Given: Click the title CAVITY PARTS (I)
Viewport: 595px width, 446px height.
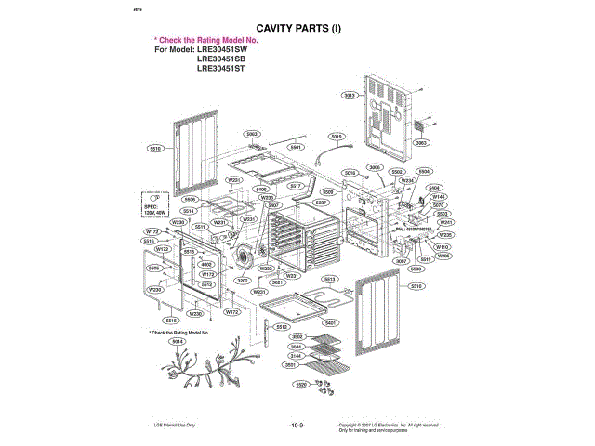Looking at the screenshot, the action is [297, 29].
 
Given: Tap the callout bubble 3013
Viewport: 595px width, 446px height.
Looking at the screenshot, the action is [350, 96].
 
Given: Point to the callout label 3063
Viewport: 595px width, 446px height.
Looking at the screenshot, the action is [420, 143].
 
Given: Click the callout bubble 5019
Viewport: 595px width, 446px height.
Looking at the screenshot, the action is [337, 137].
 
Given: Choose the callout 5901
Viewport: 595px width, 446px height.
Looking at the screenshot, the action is [297, 146].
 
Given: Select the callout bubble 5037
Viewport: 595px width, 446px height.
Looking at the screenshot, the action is [321, 202].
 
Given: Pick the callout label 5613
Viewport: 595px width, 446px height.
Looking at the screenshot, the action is [328, 279].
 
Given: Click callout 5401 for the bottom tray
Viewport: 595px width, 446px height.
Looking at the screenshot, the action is [329, 322].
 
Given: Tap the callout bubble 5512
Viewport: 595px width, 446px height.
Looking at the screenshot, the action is [281, 327].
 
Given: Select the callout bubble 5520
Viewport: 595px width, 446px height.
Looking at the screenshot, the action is [301, 384].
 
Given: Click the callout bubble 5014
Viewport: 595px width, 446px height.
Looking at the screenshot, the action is [177, 341].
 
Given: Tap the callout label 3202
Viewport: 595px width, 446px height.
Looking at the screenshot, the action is [242, 280].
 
